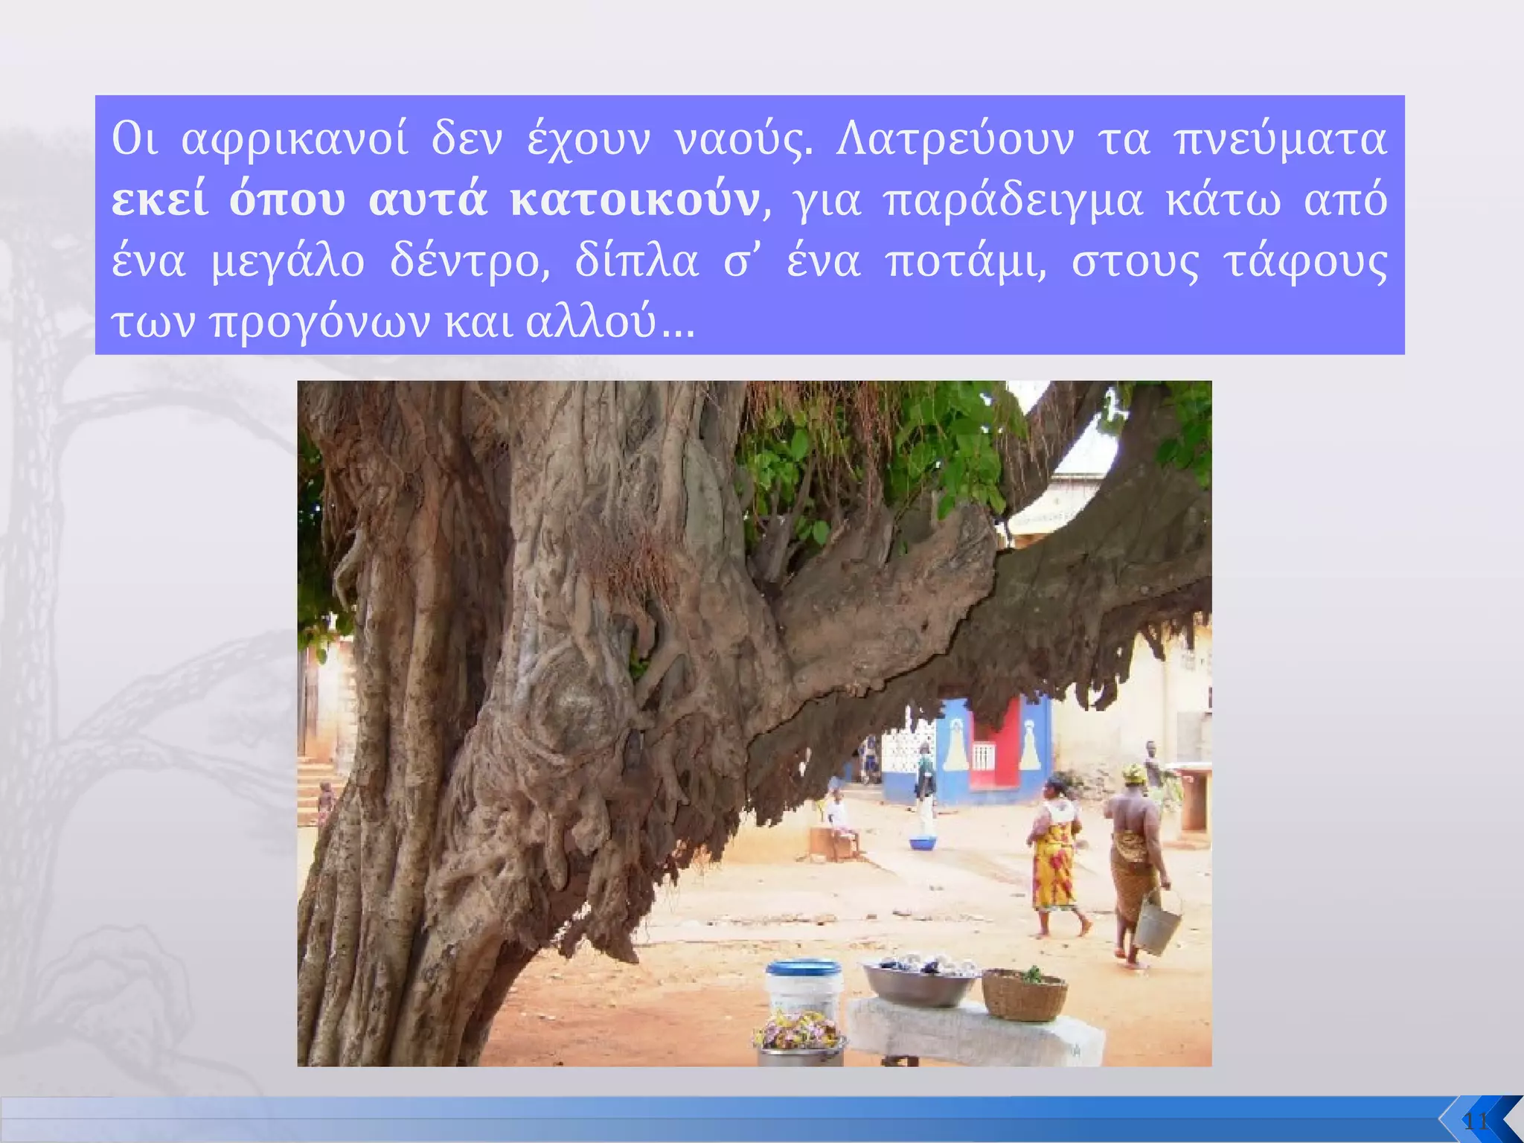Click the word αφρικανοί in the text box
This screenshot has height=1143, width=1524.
295,140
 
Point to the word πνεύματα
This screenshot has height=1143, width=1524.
1280,140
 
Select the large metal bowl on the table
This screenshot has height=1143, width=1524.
920,982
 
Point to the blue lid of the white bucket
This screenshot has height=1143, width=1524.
804,967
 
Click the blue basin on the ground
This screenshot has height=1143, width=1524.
923,843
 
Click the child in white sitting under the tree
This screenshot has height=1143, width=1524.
840,819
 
